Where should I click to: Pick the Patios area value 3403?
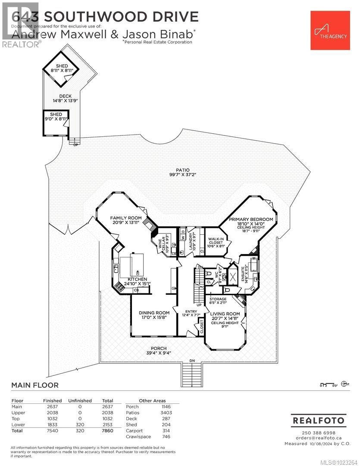166,412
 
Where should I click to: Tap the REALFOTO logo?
318,420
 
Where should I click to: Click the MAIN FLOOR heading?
35,385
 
